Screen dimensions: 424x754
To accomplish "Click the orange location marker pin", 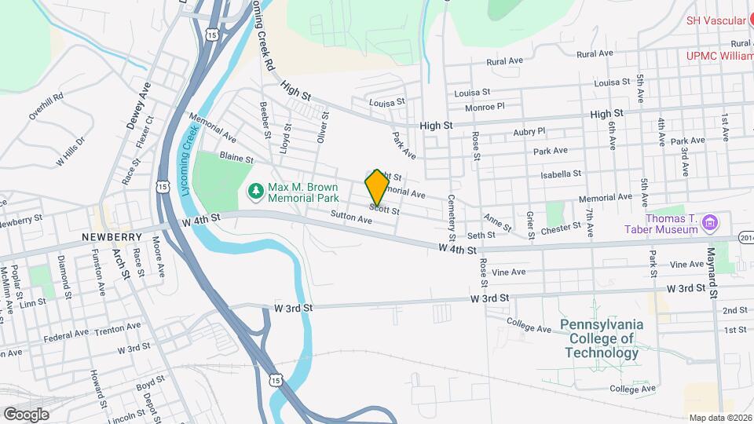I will point(377,187).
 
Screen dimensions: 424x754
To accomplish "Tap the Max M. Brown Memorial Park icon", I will point(255,192).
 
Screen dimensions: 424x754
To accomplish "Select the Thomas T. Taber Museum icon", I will point(710,222).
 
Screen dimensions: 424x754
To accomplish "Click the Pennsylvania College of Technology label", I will point(602,338).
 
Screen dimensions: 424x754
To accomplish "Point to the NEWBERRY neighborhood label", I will point(111,236).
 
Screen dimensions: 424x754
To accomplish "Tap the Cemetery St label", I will point(452,217).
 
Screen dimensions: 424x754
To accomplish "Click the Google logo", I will point(26,414).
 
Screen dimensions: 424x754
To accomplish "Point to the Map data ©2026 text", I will point(719,418).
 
